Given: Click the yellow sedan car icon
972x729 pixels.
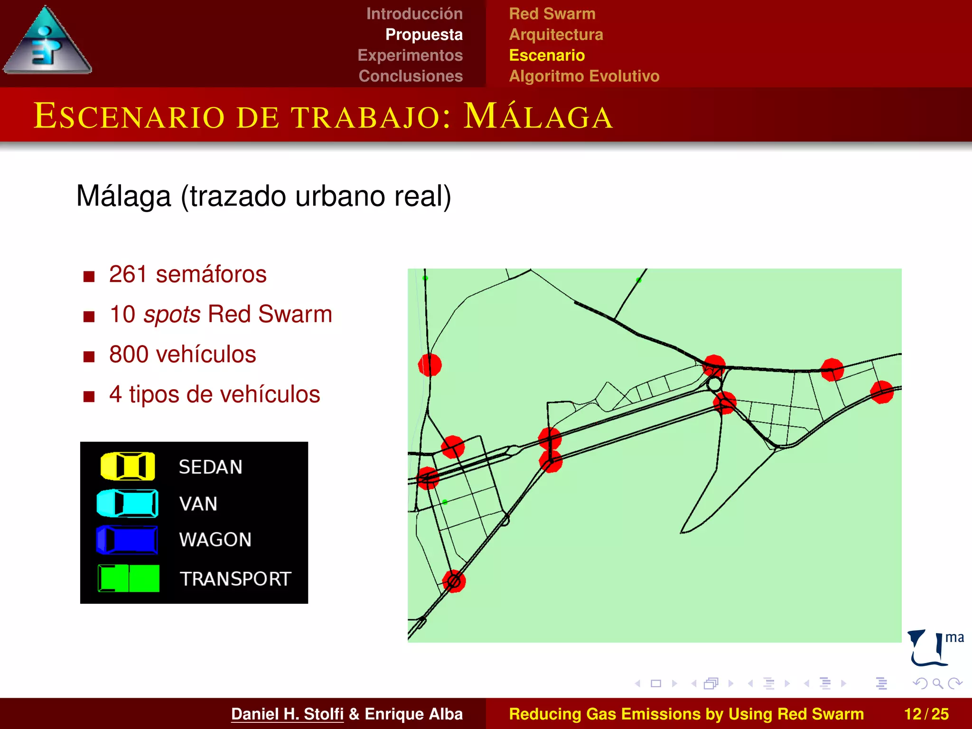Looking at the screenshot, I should pos(128,466).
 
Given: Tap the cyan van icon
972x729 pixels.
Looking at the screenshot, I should pos(127,503).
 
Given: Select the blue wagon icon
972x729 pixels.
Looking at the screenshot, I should pos(127,540).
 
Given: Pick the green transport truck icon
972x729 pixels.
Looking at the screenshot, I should pos(129,578).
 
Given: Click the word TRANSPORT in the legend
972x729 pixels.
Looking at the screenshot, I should pos(235,579).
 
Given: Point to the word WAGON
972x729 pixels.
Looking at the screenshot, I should pos(215,540).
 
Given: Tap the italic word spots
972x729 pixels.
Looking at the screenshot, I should pos(172,314).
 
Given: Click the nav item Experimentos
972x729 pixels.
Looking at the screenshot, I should pos(410,56).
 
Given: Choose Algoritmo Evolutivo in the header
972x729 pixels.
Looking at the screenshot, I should pos(584,76).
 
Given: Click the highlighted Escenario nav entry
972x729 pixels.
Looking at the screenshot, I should pos(547,56).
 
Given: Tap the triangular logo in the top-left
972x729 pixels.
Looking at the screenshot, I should pos(47,43).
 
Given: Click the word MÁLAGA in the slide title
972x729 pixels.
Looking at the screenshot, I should pos(538,116).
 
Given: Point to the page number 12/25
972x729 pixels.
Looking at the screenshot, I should pos(926,714).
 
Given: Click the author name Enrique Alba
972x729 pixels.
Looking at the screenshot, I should pos(413,714).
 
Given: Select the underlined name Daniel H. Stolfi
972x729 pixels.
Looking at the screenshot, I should pos(287,714).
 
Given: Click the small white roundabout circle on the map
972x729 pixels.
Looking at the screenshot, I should pos(714,384).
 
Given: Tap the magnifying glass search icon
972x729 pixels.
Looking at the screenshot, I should pos(937,683).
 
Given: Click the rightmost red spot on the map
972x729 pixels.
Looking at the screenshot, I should pos(882,392).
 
